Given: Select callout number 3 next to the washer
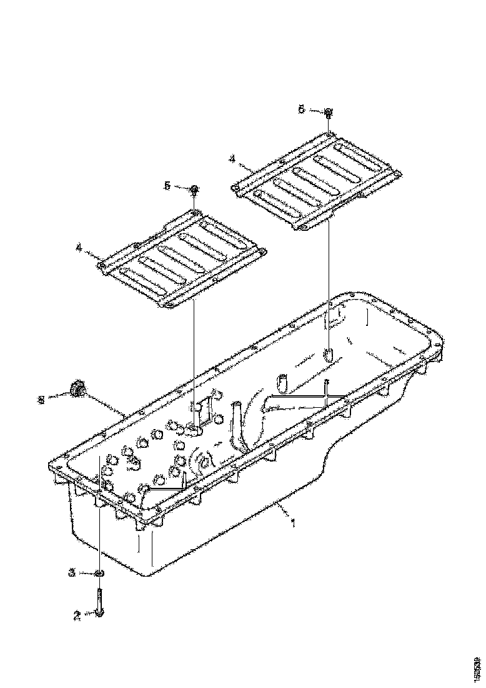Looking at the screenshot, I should (x=72, y=572).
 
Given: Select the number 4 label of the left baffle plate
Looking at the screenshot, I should (x=79, y=248).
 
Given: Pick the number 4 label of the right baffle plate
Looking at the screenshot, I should (x=232, y=159).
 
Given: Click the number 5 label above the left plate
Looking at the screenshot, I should (x=167, y=186).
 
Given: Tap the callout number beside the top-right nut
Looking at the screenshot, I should (x=301, y=109).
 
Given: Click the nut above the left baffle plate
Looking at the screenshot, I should (x=195, y=189).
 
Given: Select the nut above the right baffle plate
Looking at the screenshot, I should (x=328, y=113).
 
